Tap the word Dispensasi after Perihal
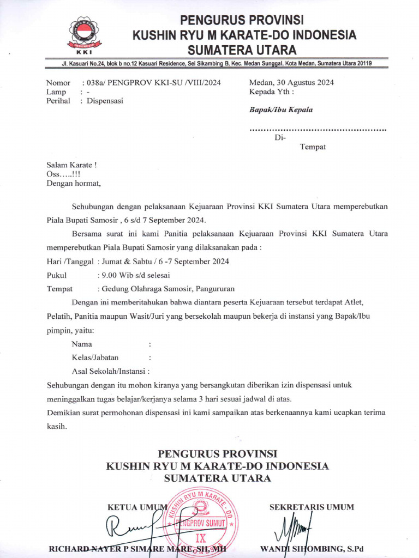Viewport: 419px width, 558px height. tap(105, 101)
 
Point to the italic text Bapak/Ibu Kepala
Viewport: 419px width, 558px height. tap(281, 110)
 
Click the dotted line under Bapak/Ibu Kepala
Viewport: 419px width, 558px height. tap(318, 130)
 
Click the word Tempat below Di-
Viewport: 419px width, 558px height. tap(313, 147)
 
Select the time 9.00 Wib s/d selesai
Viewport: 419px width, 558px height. tap(133, 275)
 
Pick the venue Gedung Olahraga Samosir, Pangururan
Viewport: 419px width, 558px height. tap(166, 289)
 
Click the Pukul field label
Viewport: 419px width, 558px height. tap(57, 275)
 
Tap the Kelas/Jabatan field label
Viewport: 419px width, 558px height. tap(95, 357)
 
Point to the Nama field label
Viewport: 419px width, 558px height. tap(82, 344)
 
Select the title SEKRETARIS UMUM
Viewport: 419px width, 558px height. tap(312, 507)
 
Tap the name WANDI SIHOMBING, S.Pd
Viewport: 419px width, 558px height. tap(320, 548)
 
